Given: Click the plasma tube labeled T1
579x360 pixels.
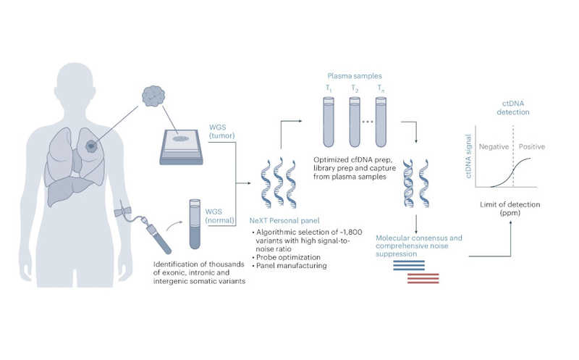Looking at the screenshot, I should [x=328, y=120].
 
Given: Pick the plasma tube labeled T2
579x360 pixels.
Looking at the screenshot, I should [x=354, y=120].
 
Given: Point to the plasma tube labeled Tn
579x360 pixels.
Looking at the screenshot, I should [x=380, y=120].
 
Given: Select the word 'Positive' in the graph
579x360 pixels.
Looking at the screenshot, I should [x=531, y=146].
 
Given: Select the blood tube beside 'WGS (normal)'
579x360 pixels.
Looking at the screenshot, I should [x=194, y=217].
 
